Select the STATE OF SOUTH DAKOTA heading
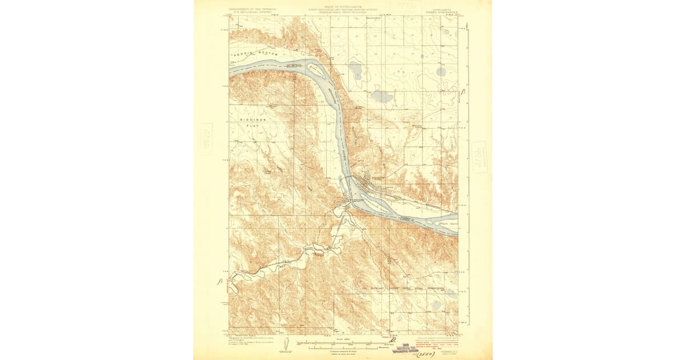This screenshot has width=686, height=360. click(344, 5)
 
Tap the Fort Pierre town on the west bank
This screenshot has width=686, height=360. click(345, 203)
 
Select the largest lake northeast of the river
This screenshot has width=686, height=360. click(381, 97)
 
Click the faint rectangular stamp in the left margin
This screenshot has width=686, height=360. click(204, 139)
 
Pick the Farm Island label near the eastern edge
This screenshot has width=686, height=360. click(446, 223)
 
